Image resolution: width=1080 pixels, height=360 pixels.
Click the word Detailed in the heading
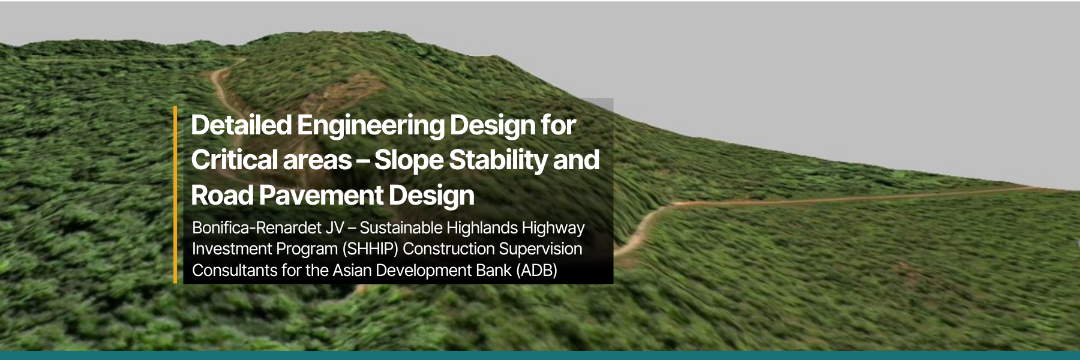[241, 125]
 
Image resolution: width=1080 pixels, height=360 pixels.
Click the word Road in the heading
[222, 196]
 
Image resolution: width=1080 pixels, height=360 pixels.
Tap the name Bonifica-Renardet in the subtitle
[257, 228]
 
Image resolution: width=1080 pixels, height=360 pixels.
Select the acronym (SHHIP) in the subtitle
[370, 249]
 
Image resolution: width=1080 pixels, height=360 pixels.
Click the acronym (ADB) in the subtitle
[536, 271]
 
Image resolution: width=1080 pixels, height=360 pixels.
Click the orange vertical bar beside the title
[175, 194]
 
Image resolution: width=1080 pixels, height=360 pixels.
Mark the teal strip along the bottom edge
[540, 355]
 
